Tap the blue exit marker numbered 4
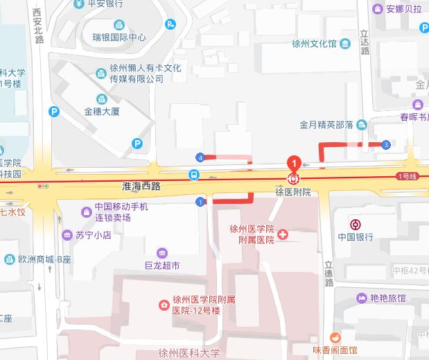tap(200, 157)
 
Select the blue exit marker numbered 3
tap(385, 144)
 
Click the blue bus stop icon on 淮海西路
tap(194, 175)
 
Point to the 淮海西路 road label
tap(141, 187)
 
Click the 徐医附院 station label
tap(294, 191)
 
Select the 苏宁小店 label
tap(94, 235)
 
